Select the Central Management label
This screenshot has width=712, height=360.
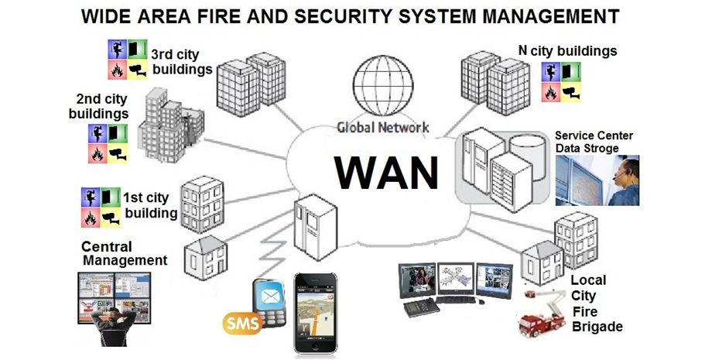pyautogui.click(x=124, y=254)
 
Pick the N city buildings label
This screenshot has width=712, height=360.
pyautogui.click(x=567, y=51)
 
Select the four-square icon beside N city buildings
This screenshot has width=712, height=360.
pyautogui.click(x=561, y=83)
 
